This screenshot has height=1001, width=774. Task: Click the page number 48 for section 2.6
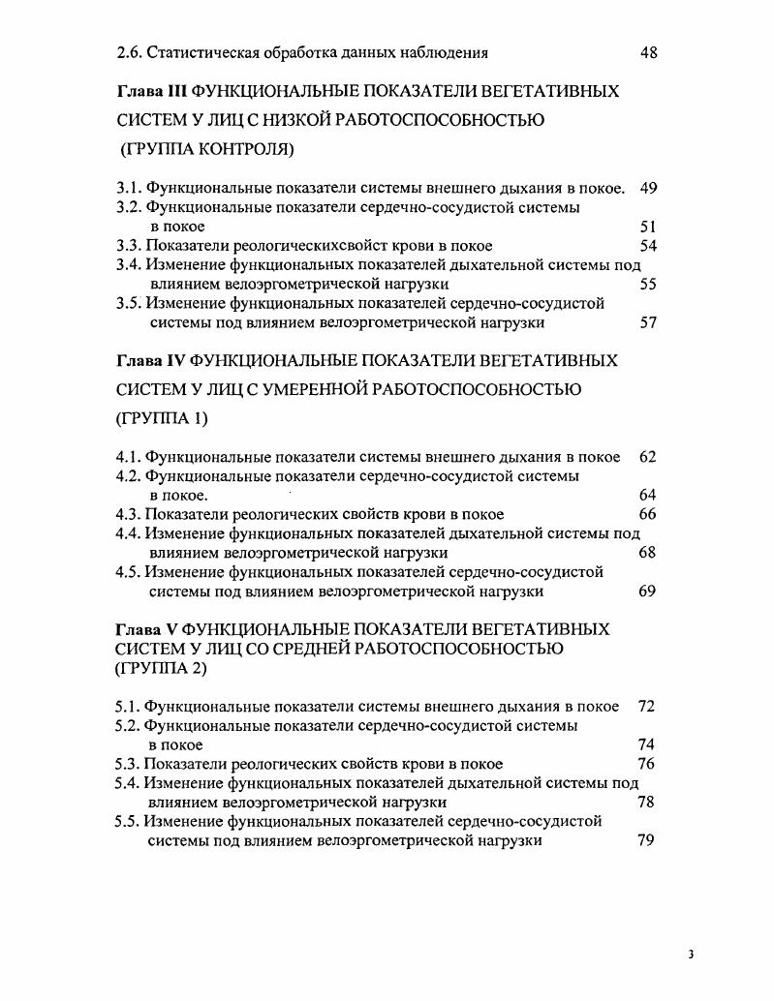click(x=649, y=52)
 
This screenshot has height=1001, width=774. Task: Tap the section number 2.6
click(x=128, y=52)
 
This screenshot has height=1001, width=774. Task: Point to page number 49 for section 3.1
click(x=649, y=188)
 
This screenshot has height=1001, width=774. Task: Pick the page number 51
click(x=648, y=227)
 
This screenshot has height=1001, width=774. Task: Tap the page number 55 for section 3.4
click(x=649, y=284)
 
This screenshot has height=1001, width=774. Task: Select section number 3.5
click(x=128, y=303)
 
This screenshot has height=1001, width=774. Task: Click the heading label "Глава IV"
click(x=151, y=361)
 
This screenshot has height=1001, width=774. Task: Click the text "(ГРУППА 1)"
click(x=162, y=419)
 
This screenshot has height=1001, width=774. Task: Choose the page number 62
click(x=648, y=456)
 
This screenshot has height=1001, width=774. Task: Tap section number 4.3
click(x=128, y=514)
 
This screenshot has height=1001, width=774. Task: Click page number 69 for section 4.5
click(x=648, y=591)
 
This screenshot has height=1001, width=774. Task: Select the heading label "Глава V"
click(x=146, y=629)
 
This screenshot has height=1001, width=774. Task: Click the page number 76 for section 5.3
click(x=647, y=764)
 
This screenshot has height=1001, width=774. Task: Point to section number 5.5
click(x=128, y=822)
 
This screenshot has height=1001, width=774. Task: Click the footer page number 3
click(x=691, y=955)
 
